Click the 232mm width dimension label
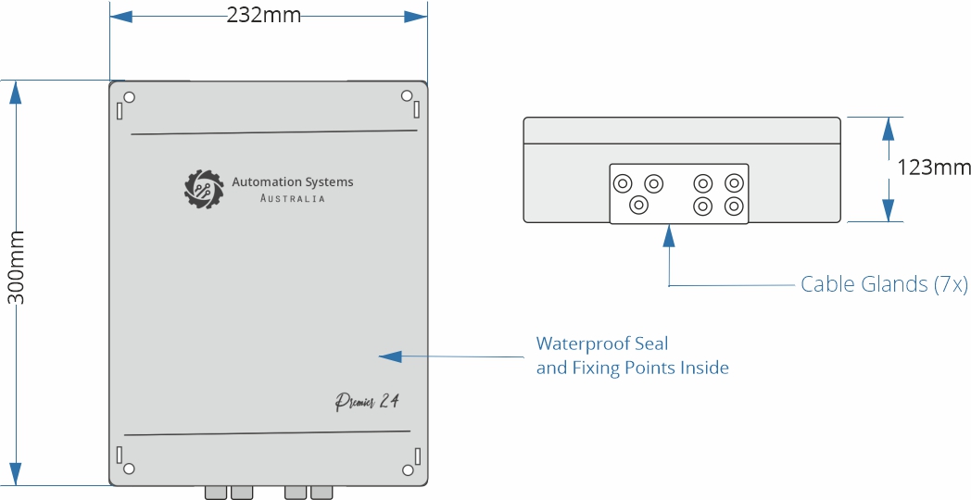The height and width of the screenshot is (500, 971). [x=264, y=16]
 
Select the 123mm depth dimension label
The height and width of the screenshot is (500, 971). [x=934, y=168]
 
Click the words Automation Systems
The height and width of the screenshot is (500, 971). [x=293, y=182]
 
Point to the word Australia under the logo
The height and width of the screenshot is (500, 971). [x=293, y=199]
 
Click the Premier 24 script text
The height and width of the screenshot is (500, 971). [x=367, y=403]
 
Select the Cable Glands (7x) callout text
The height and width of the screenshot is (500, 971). [x=884, y=285]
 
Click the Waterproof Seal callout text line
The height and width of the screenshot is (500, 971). [x=602, y=344]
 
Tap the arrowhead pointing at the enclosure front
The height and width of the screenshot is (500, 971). [x=390, y=356]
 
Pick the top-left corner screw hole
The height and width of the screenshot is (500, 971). [x=130, y=97]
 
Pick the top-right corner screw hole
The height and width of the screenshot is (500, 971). [x=406, y=95]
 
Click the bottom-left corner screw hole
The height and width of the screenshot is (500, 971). [x=130, y=469]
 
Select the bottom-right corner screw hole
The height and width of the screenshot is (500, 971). [x=406, y=469]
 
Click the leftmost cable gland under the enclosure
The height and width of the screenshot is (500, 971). [x=215, y=492]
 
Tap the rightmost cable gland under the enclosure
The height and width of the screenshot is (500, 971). [x=322, y=492]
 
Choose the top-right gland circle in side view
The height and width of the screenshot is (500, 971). [x=733, y=182]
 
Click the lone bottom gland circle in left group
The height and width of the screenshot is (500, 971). [x=637, y=205]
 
